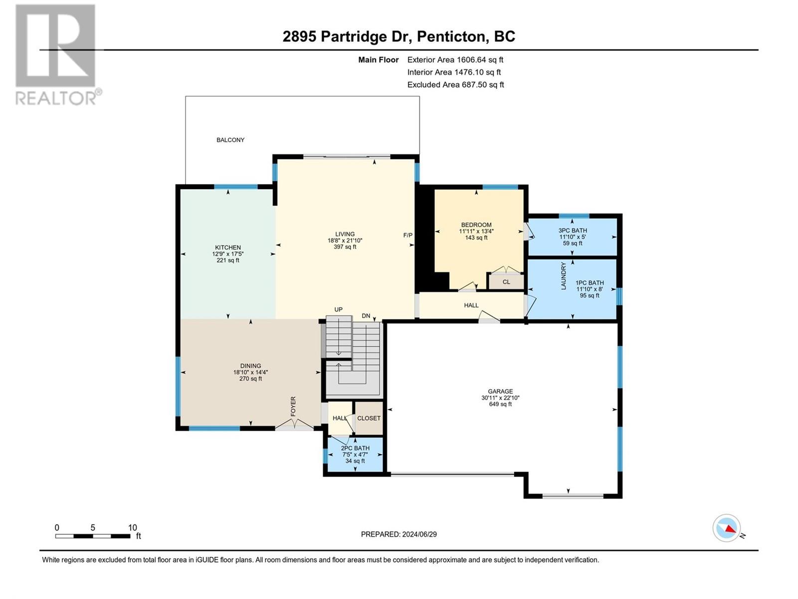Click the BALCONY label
pos(230,140)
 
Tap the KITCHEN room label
pos(228,247)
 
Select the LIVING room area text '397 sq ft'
pos(345,247)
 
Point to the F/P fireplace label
pos(408,235)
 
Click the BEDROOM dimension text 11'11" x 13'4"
pos(476,231)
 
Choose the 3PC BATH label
pos(573,230)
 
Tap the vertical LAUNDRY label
pos(564,276)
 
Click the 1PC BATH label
pos(590,283)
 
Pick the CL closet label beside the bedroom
pos(506,282)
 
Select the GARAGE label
pos(500,391)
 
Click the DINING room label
pos(250,366)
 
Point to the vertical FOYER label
pos(293,407)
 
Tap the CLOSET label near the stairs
pos(369,418)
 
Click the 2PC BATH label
pos(355,448)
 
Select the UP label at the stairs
pos(339,309)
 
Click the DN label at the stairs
pos(366,315)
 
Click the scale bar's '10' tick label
pos(133,528)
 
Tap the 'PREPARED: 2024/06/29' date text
pos(399,534)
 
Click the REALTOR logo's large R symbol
pos(55,45)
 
